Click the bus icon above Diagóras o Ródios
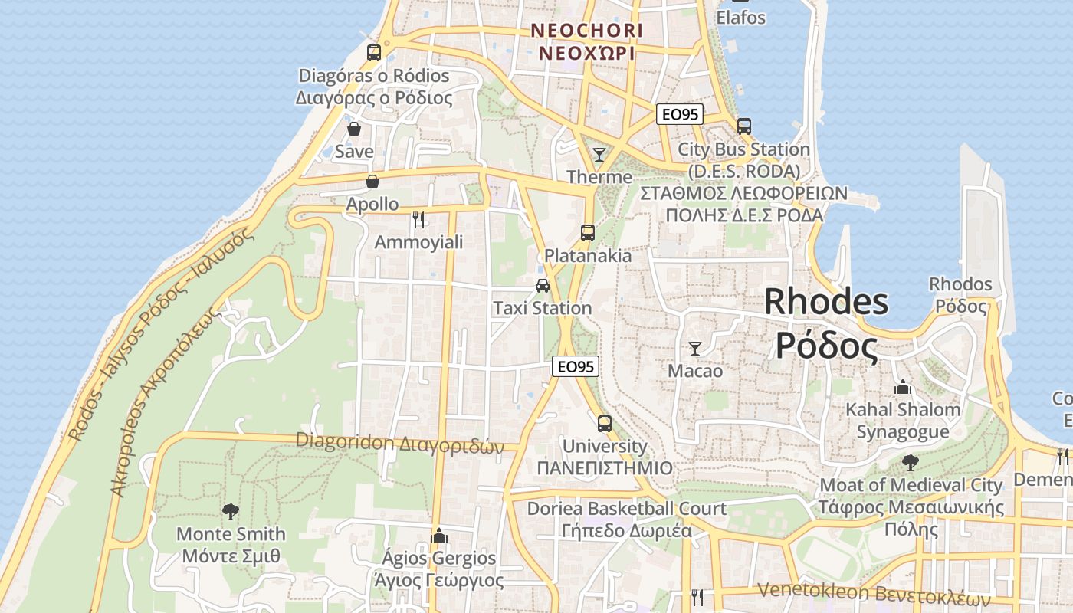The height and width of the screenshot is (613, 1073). tap(374, 53)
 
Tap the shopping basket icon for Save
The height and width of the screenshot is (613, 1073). tap(354, 129)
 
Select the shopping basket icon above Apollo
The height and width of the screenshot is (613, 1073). tap(372, 182)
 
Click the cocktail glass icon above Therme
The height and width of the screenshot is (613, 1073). tap(599, 155)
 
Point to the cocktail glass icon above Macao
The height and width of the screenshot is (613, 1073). tap(695, 349)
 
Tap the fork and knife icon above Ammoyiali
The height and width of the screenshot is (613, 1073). tap(418, 220)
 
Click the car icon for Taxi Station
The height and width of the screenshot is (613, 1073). tap(543, 286)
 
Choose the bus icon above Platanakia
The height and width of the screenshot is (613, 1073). tap(588, 233)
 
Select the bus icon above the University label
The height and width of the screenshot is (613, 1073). tap(605, 423)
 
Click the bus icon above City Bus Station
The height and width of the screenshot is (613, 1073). tap(743, 126)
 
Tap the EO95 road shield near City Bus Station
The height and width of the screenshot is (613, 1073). tap(680, 114)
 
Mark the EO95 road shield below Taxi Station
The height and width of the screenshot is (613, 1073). tap(576, 367)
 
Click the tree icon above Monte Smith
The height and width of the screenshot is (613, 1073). tap(230, 511)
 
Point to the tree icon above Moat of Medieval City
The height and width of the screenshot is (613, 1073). tap(911, 462)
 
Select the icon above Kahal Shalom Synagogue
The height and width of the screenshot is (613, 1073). tap(903, 387)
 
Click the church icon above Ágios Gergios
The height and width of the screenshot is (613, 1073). tap(439, 535)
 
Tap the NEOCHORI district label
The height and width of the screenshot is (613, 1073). tap(586, 31)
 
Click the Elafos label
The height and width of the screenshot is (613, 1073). tap(741, 17)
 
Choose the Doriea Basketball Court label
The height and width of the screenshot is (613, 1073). tap(627, 509)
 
